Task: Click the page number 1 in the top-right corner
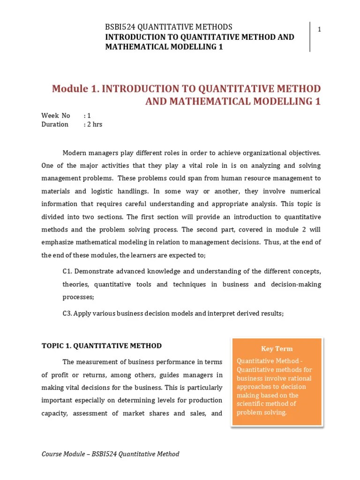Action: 319,30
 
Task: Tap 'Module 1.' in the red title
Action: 75,89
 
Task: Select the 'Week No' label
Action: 55,115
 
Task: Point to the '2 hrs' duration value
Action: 95,124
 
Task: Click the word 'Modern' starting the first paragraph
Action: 75,153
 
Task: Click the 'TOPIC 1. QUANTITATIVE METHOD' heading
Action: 101,346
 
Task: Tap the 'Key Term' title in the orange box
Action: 277,348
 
